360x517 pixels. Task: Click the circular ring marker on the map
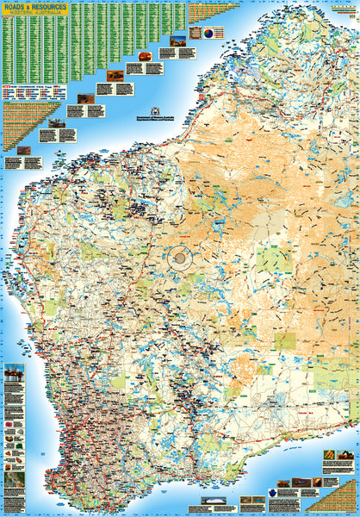[182, 257]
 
